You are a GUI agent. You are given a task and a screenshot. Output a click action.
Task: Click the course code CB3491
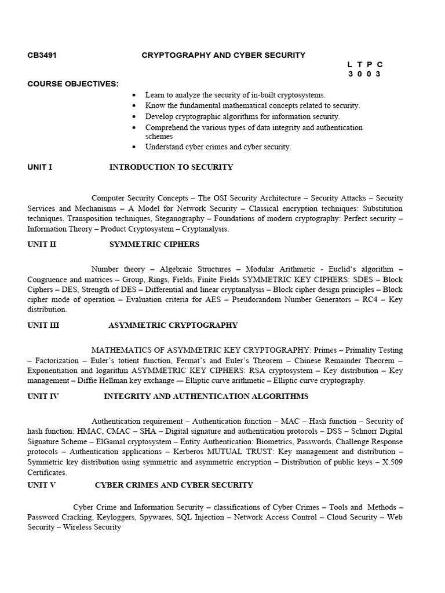(x=42, y=56)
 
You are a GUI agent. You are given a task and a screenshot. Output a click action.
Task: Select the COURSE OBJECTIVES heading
(x=73, y=85)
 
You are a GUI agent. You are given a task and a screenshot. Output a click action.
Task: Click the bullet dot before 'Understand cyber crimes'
(x=134, y=147)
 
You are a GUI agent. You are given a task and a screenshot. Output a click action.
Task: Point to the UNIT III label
(x=43, y=325)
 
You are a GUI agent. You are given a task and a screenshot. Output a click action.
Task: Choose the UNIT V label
(x=42, y=485)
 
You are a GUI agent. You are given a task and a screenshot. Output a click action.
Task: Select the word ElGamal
(x=112, y=442)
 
